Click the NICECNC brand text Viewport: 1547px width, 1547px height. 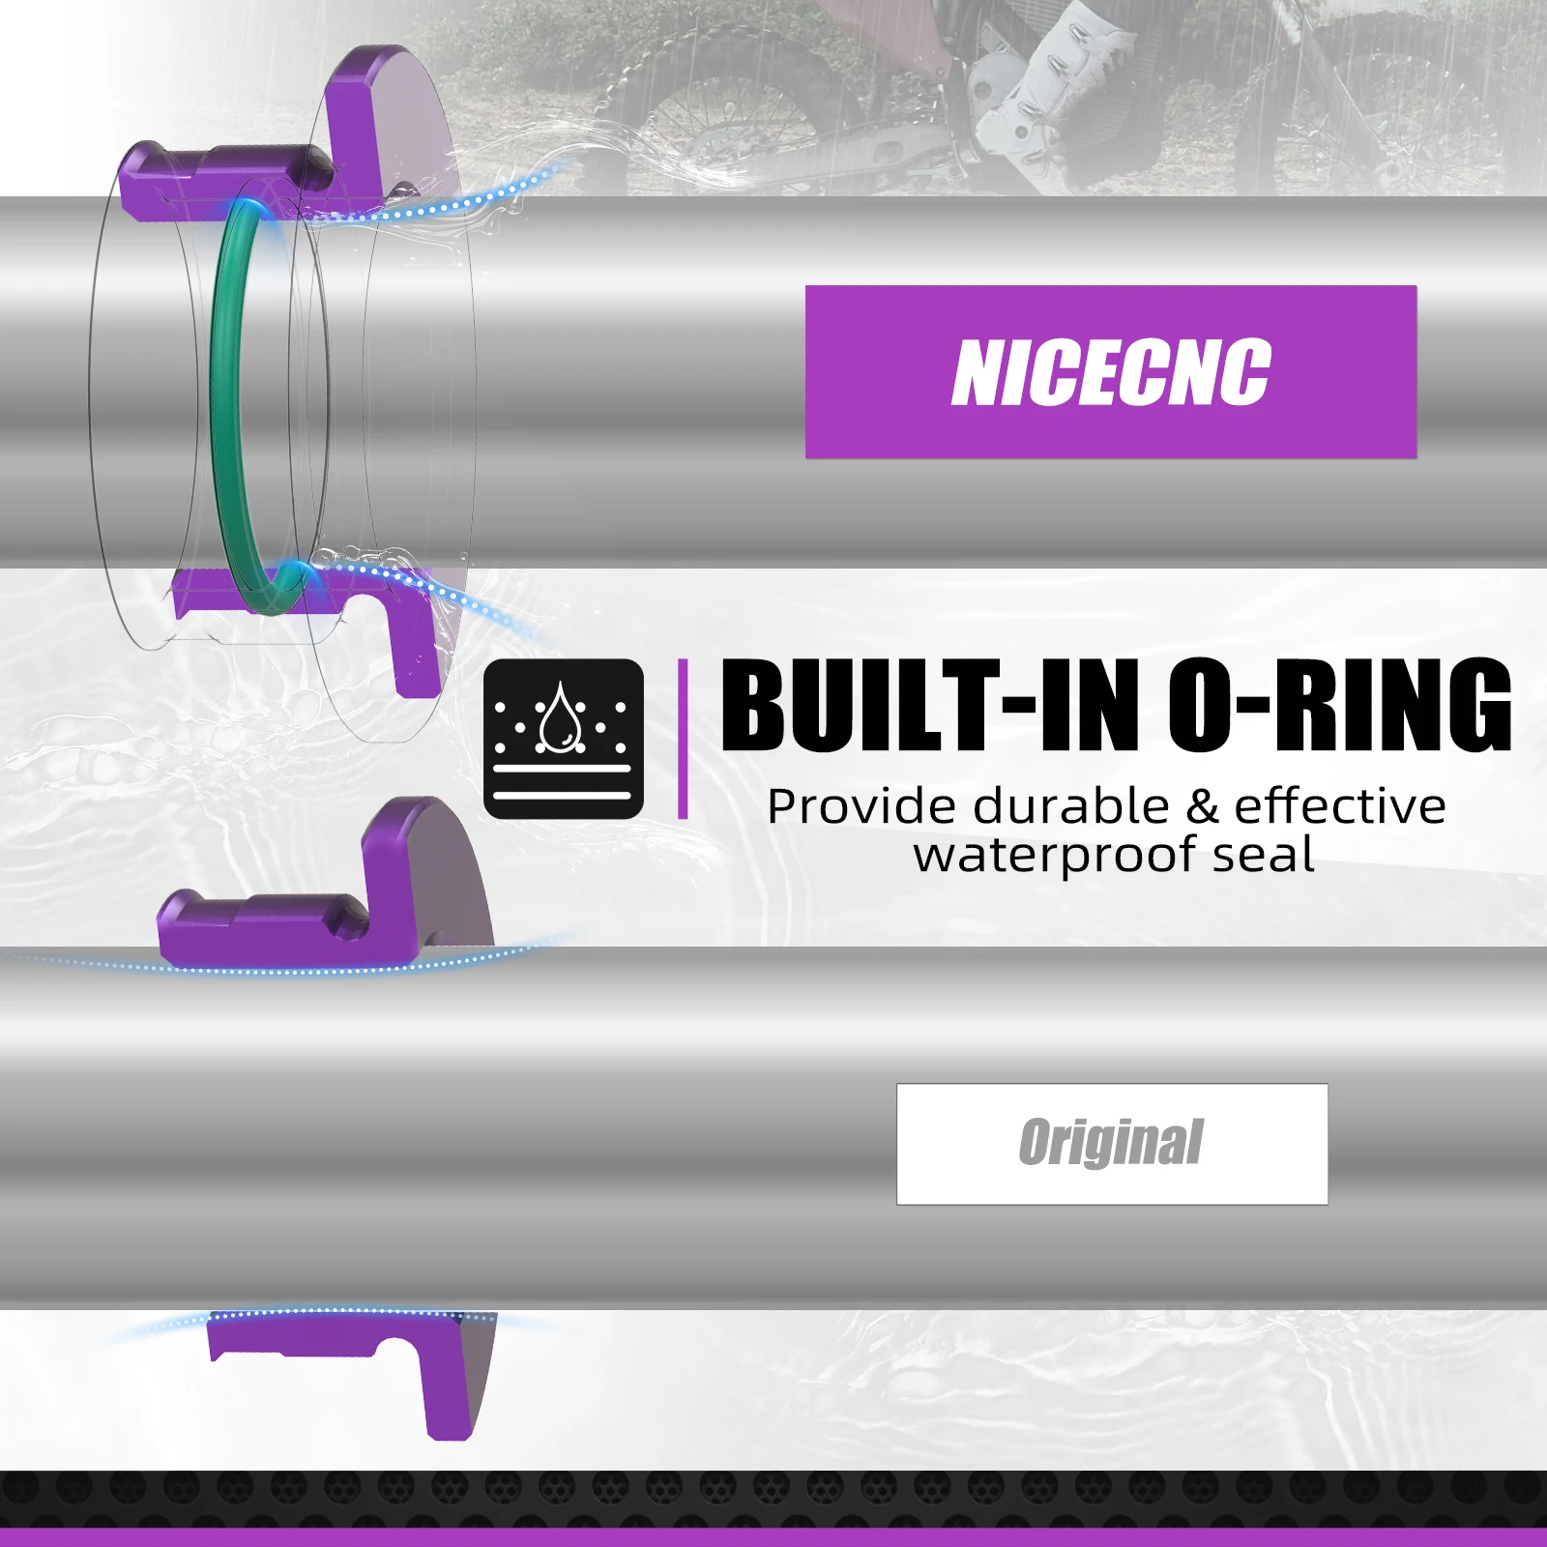click(1110, 372)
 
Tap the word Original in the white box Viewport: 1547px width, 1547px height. click(1110, 1143)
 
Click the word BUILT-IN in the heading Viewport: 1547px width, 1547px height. click(937, 706)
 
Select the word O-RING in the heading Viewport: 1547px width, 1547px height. click(1339, 706)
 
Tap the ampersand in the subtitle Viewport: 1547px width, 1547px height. click(1202, 806)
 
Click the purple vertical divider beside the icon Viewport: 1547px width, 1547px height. click(683, 739)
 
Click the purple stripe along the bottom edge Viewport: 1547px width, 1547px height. click(773, 1537)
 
